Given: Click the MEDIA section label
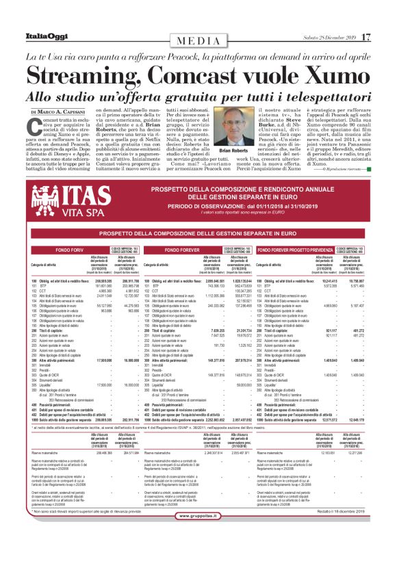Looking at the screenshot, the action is [x=198, y=40].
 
